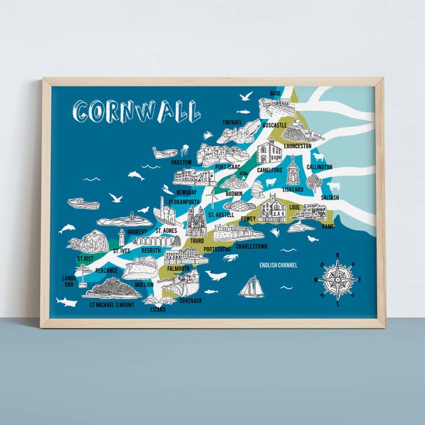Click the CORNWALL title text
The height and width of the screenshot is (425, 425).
tap(136, 110)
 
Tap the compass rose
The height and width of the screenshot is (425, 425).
tap(338, 279)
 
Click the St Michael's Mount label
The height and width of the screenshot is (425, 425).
tap(112, 305)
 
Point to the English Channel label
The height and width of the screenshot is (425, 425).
tap(278, 265)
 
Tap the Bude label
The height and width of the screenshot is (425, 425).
tap(275, 93)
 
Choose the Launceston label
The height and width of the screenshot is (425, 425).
tap(297, 145)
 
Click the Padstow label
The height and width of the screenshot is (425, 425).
tap(181, 162)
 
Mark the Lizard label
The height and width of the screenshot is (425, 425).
tap(158, 309)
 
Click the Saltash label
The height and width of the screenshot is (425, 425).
tap(331, 197)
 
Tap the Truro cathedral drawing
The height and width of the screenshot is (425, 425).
tap(196, 221)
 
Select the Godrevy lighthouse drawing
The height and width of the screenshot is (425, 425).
tap(122, 237)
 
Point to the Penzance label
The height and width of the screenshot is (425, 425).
tap(106, 270)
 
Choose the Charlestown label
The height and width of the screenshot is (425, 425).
tap(251, 246)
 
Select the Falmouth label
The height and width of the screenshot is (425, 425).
tap(179, 269)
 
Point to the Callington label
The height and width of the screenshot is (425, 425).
tap(319, 167)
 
